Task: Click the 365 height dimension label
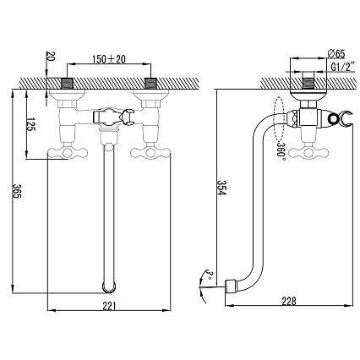[x=18, y=191]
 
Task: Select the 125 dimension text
[x=30, y=123]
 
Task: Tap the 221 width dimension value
[x=109, y=306]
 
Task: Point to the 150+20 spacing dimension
[x=109, y=59]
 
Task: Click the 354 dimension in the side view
[x=221, y=188]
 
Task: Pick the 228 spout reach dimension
[x=289, y=301]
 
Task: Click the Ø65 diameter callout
[x=336, y=53]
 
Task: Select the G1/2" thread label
[x=342, y=67]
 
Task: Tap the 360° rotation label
[x=281, y=150]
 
